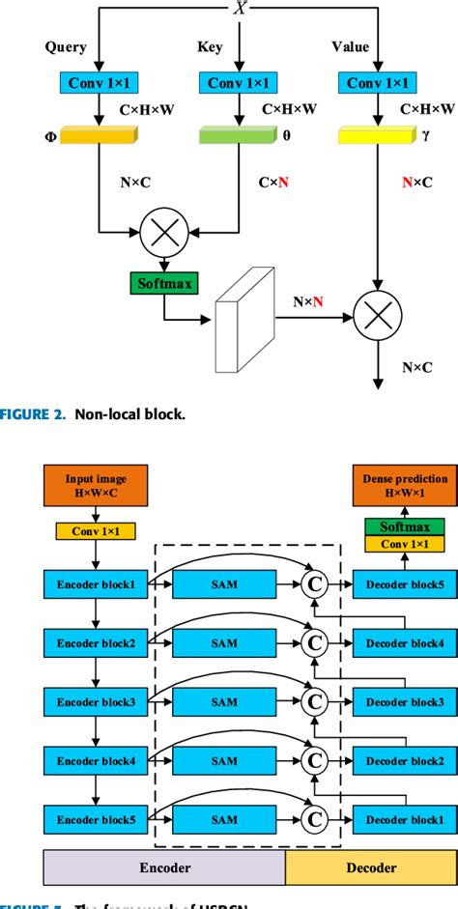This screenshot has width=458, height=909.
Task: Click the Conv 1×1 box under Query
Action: click(x=99, y=83)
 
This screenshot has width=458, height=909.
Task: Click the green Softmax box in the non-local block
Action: click(x=160, y=283)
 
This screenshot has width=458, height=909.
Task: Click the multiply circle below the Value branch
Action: click(x=378, y=312)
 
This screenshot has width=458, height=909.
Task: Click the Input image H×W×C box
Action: click(x=94, y=483)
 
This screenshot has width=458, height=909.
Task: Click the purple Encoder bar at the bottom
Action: click(x=164, y=867)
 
